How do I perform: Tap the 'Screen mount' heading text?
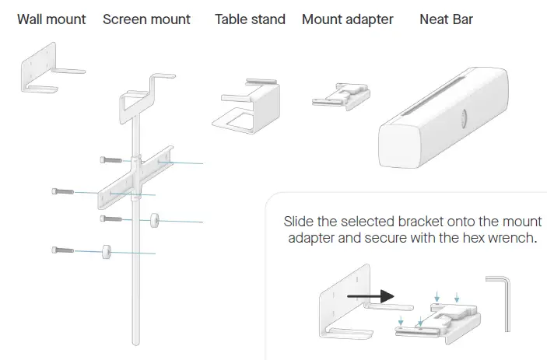click(146, 19)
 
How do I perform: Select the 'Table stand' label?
click(250, 19)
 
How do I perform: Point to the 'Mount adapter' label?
click(347, 19)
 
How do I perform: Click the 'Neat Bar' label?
click(446, 19)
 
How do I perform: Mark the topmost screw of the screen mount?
click(110, 159)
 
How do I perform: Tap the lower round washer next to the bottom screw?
click(105, 250)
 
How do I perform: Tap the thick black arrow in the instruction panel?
click(369, 295)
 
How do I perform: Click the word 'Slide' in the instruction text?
click(300, 221)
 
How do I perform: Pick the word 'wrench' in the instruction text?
click(512, 238)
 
